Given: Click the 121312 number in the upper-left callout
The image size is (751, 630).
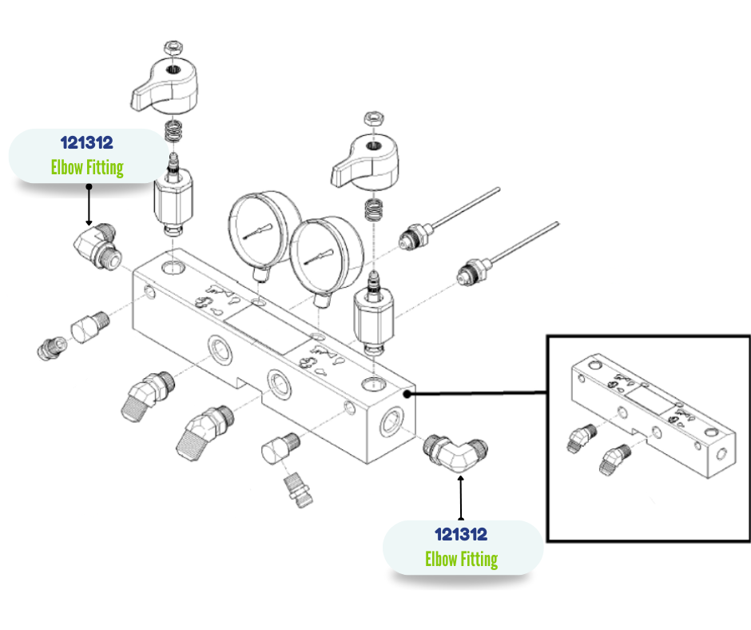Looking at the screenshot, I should coord(86,143).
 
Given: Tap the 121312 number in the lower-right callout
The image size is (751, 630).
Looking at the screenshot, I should coord(461,534).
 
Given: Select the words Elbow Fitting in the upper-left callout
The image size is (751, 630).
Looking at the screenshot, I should coord(86,167).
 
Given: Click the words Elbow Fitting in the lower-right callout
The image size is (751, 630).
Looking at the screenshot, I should coord(461,558).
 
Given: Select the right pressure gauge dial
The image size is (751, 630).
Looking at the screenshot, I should coord(326,255).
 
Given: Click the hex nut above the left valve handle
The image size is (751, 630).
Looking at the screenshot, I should coord(172,47).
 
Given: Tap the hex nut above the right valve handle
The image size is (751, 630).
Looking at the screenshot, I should coord(372,118).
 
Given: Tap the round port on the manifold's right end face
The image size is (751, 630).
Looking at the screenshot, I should coord(391,418).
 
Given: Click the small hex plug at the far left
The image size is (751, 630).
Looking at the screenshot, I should coord(50,348).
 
